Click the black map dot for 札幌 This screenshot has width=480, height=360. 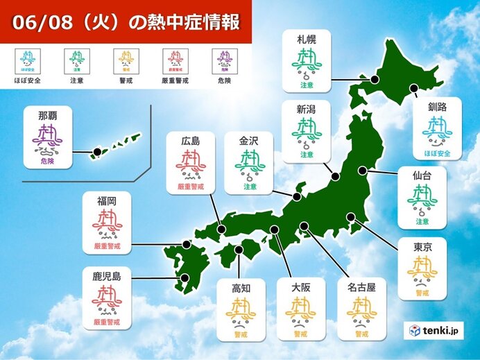click(375, 80)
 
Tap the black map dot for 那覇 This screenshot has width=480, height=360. click(97, 151)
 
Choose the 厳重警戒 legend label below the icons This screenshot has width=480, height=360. click(175, 80)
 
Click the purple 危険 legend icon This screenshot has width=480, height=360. click(223, 58)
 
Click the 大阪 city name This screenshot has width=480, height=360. click(300, 286)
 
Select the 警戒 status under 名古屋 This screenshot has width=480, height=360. click(361, 334)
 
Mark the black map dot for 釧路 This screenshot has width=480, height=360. click(414, 88)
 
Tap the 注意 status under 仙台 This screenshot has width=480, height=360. click(422, 221)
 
